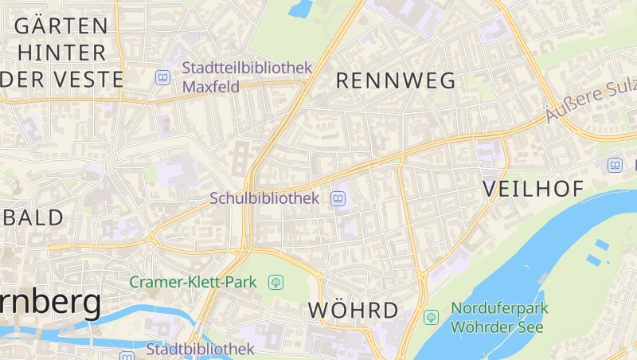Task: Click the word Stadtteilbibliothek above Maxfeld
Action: coord(247,68)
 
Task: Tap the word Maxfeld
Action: coord(211,86)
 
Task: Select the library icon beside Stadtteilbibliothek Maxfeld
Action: coord(162,77)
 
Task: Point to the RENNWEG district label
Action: coord(396,80)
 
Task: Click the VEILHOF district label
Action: coord(533,189)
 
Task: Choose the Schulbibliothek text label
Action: coord(264,198)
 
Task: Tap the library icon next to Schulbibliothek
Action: coord(338,198)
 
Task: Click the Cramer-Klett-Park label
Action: coord(193,282)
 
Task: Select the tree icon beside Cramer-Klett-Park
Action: coord(277,282)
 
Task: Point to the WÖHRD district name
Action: coord(353,310)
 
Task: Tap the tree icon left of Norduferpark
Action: coord(431,317)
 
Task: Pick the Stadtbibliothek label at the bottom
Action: coord(200,349)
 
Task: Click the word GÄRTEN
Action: coord(61,25)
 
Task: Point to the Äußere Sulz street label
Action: coord(589,104)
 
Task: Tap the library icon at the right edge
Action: coord(615,165)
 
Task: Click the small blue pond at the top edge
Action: coord(300,8)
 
